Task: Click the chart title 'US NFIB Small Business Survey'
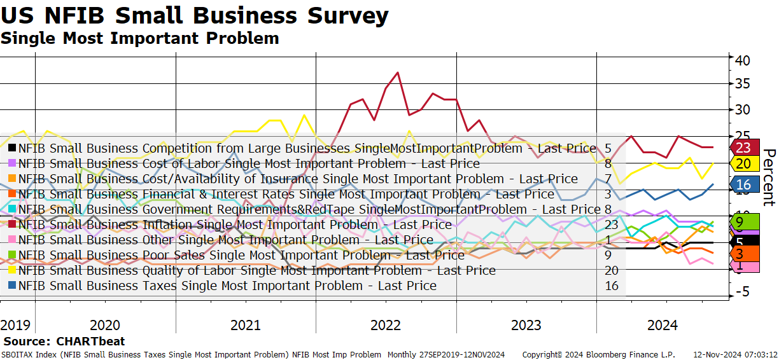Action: [x=195, y=16]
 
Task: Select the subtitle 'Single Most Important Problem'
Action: [x=140, y=38]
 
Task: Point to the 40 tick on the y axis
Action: [x=743, y=60]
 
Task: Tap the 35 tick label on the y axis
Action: [x=743, y=84]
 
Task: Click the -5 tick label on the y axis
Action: [x=743, y=291]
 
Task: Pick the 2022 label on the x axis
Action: [x=386, y=325]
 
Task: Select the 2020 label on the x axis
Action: [x=105, y=325]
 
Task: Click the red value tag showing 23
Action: [x=745, y=148]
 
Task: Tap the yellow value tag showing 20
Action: [x=745, y=163]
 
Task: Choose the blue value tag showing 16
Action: [x=745, y=184]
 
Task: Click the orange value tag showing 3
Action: [x=745, y=254]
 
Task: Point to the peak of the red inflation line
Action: [x=398, y=73]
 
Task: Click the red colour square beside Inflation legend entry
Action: [x=12, y=225]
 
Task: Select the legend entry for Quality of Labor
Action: [x=257, y=270]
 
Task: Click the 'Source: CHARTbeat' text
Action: [x=64, y=341]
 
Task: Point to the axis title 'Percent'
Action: [x=769, y=177]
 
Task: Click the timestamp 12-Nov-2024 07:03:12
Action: [x=736, y=355]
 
